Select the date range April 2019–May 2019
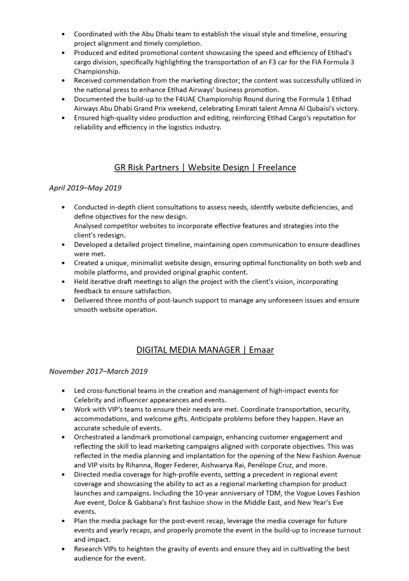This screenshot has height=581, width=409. tap(85, 188)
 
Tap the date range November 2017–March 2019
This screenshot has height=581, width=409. tap(98, 371)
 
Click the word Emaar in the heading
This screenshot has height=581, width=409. tap(262, 350)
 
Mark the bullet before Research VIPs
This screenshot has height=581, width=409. tap(63, 549)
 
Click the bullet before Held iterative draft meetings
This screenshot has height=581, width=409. tap(63, 282)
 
